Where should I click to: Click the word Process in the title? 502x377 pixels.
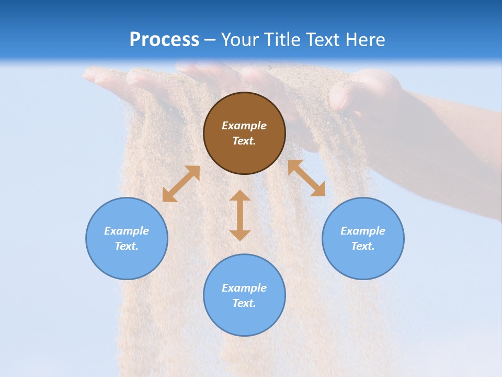click(164, 40)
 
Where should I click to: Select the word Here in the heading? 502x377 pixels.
click(364, 40)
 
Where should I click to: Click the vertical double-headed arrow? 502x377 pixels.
click(240, 215)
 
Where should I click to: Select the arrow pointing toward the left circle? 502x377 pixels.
click(181, 184)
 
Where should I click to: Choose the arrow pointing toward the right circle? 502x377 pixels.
click(306, 178)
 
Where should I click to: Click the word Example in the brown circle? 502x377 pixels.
click(244, 126)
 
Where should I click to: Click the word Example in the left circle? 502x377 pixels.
click(127, 231)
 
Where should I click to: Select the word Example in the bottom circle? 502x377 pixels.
click(244, 288)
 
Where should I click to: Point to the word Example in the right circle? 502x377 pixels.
click(363, 231)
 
